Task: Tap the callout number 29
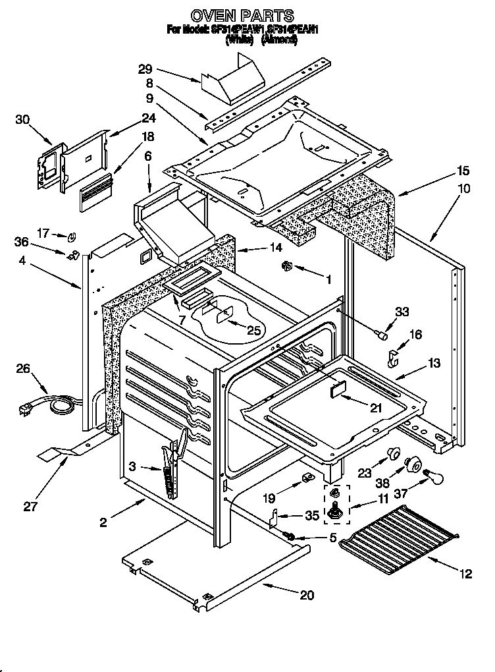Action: [145, 68]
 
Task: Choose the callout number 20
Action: [307, 595]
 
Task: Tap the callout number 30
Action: [22, 119]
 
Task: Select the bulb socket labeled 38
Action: [413, 464]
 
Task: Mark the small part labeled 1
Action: [286, 266]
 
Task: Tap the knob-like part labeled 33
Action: [380, 335]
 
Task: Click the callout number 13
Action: [436, 362]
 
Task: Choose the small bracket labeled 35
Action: [275, 518]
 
